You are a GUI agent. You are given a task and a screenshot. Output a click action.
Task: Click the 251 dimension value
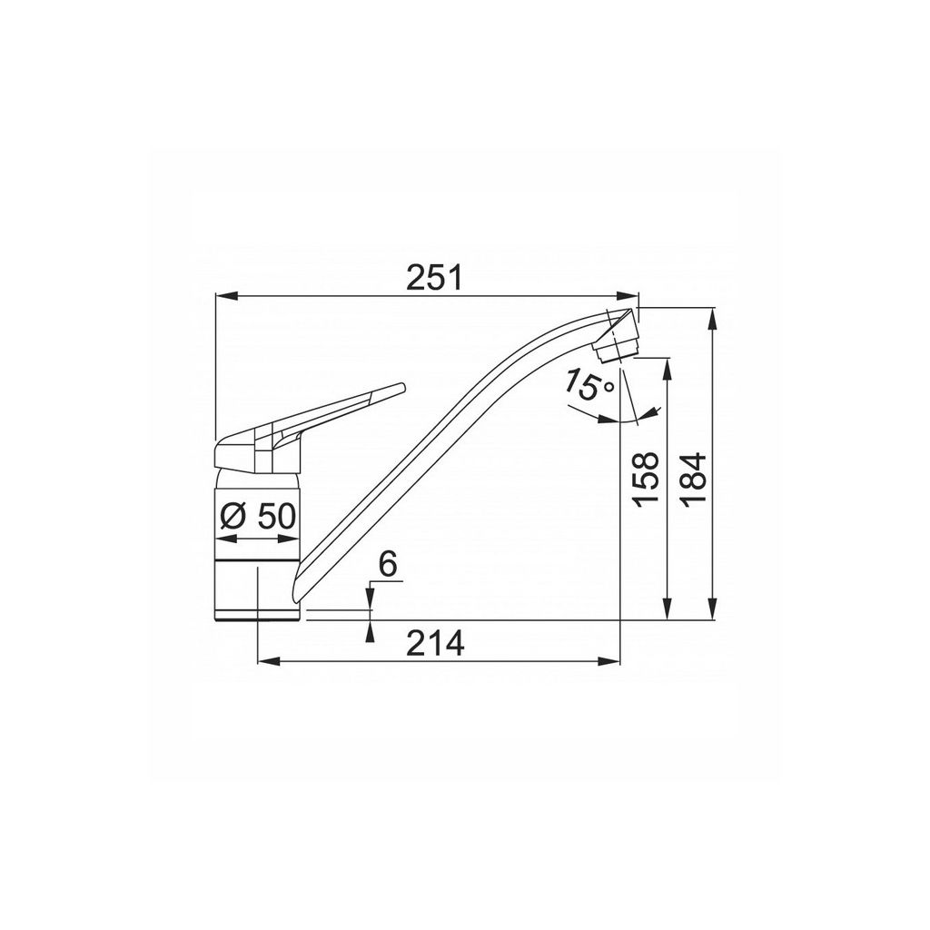[433, 278]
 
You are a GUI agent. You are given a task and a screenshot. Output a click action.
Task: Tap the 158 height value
[646, 480]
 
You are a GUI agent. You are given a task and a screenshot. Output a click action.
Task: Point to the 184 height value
[693, 480]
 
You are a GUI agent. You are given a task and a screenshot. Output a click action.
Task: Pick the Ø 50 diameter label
[257, 517]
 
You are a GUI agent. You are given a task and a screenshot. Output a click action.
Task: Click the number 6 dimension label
[387, 564]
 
